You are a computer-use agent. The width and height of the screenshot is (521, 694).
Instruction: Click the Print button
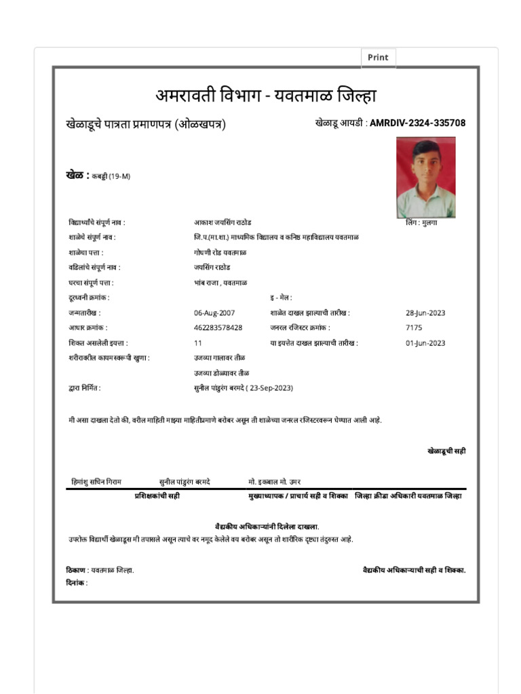(378, 58)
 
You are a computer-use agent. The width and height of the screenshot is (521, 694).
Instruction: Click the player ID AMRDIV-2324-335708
(417, 123)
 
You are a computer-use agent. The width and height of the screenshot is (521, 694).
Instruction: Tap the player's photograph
(425, 177)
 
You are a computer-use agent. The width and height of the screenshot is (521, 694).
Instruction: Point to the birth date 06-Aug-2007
(214, 312)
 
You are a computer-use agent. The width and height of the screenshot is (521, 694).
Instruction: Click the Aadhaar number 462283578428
(218, 327)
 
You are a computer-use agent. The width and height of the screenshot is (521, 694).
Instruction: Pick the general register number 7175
(414, 327)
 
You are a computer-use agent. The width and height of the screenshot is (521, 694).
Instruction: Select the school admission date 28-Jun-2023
(425, 312)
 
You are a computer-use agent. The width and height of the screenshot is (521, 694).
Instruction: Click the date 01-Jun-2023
(425, 343)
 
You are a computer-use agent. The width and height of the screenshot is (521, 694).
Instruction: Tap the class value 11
(198, 343)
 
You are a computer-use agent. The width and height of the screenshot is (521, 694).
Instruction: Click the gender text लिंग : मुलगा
(421, 222)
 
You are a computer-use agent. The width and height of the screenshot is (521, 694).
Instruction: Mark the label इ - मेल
(281, 298)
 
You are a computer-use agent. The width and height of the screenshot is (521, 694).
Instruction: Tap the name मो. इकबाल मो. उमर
(275, 481)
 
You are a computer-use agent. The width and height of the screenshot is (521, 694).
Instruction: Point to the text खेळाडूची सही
(446, 451)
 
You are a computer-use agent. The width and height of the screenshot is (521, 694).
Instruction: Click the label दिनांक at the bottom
(77, 583)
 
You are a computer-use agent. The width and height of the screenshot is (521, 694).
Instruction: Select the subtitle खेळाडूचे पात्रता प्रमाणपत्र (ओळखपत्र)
(146, 124)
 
